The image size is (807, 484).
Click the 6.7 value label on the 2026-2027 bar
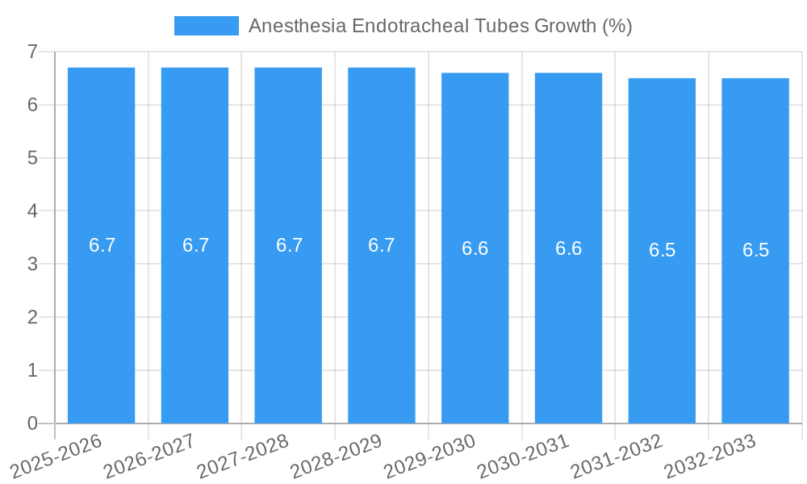[x=195, y=245]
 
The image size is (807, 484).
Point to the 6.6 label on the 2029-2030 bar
[x=475, y=248]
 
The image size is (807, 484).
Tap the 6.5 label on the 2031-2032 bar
[x=662, y=250]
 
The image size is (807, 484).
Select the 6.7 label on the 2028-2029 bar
[x=381, y=245]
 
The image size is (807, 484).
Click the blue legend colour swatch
[x=207, y=26]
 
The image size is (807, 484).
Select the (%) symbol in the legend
[x=617, y=26]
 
